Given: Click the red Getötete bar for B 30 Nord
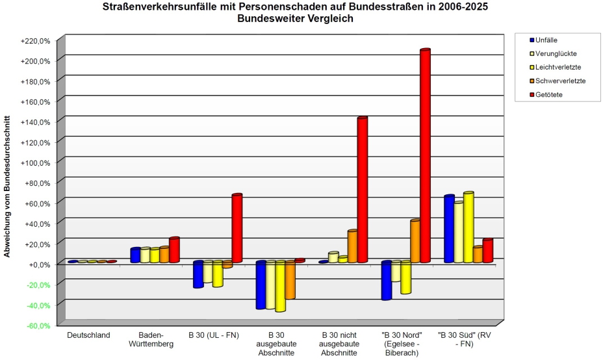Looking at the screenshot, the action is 425,156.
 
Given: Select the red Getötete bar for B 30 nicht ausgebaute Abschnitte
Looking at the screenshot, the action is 363,190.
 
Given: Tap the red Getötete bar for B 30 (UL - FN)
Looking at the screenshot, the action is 237,228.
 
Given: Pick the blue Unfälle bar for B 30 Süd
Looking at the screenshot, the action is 449,229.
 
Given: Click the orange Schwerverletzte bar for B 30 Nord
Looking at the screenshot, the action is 415,241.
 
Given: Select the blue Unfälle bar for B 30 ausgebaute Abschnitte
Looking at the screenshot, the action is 261,285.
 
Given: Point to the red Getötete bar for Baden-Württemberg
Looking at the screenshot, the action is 175,250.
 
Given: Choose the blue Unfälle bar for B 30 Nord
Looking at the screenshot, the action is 387,280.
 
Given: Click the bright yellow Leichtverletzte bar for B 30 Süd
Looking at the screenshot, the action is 468,227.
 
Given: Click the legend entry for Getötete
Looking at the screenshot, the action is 546,95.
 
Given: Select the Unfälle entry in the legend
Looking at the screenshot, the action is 543,40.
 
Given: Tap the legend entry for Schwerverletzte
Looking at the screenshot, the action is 558,81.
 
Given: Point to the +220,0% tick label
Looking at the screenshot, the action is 36,41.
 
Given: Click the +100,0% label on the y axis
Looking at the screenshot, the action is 36,162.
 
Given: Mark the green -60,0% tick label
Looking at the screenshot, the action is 38,326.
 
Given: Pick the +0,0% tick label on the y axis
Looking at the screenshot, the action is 40,264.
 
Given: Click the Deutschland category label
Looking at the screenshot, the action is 88,335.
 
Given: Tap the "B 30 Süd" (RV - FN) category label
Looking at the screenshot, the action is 465,339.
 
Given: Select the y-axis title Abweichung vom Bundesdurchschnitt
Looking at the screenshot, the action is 7,186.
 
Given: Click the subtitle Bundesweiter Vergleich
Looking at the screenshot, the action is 295,18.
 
